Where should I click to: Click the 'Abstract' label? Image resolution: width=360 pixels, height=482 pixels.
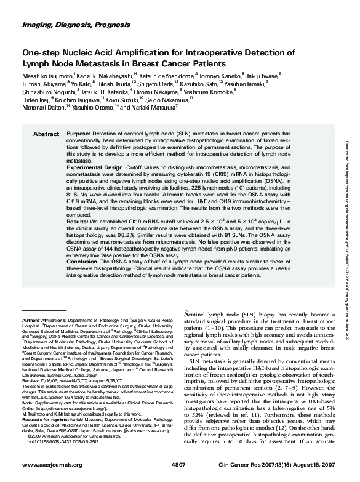(x=46, y=134)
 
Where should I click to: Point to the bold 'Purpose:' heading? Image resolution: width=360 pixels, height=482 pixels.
(x=78, y=134)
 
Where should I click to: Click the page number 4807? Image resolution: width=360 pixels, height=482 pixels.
(x=178, y=464)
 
